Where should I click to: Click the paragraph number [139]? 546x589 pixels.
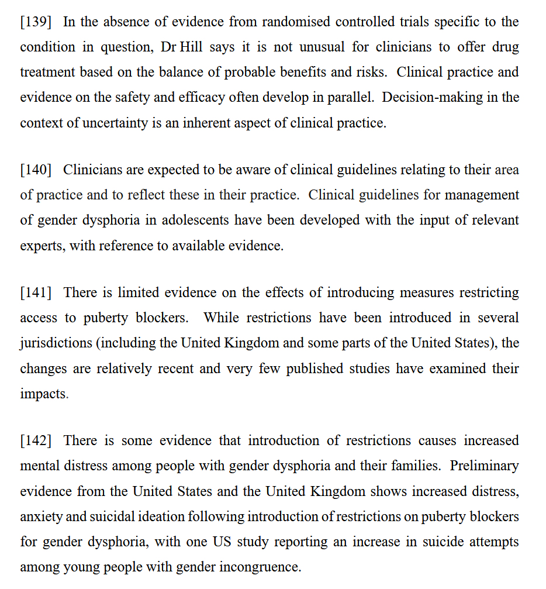point(35,22)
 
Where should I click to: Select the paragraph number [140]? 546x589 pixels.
point(35,170)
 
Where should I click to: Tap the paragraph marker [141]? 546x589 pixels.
point(35,292)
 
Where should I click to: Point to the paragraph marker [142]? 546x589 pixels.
point(35,440)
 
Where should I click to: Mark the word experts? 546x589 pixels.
point(42,246)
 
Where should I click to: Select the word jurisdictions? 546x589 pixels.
point(55,343)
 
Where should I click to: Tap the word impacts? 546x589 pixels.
point(43,394)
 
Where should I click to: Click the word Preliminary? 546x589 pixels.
point(484,466)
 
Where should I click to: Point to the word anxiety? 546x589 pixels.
point(41,517)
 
